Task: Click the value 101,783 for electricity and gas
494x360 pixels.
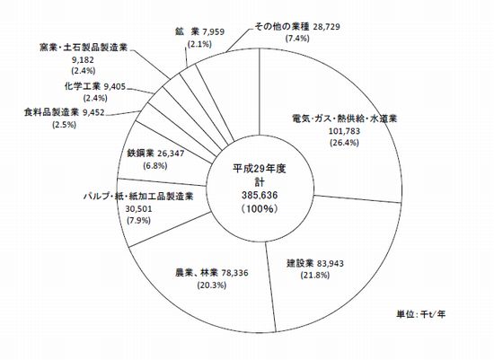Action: pyautogui.click(x=344, y=131)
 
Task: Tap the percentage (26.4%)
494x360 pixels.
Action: pyautogui.click(x=344, y=143)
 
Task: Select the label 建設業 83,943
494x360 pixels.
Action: pyautogui.click(x=314, y=263)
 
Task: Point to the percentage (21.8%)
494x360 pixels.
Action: pyautogui.click(x=314, y=275)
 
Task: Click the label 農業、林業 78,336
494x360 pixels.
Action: pyautogui.click(x=211, y=273)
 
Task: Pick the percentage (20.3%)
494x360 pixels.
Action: pyautogui.click(x=212, y=285)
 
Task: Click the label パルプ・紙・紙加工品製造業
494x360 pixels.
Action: pyautogui.click(x=138, y=197)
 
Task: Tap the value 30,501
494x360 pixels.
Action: pyautogui.click(x=138, y=208)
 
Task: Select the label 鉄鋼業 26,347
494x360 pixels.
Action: pyautogui.click(x=155, y=154)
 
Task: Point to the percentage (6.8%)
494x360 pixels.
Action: pyautogui.click(x=155, y=166)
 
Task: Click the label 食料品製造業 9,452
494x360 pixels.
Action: pyautogui.click(x=64, y=112)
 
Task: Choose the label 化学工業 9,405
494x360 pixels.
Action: pyautogui.click(x=95, y=86)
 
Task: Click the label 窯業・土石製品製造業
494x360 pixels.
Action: pyautogui.click(x=84, y=48)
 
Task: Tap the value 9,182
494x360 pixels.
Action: pyautogui.click(x=84, y=59)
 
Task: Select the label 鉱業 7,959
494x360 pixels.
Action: pyautogui.click(x=199, y=31)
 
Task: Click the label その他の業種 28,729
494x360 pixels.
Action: pyautogui.click(x=297, y=26)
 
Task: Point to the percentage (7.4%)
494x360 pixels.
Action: pyautogui.click(x=297, y=39)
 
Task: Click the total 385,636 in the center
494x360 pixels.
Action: pyautogui.click(x=260, y=196)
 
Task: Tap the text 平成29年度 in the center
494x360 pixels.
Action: pyautogui.click(x=260, y=169)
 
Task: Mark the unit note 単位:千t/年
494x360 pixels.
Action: pyautogui.click(x=421, y=314)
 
